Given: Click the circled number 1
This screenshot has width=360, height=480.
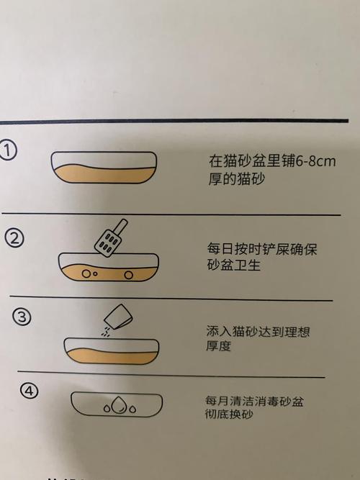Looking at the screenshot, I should click(x=9, y=151).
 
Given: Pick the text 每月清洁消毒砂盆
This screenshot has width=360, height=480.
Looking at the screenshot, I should click(x=254, y=402).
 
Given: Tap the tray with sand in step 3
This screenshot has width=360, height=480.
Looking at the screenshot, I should click(x=110, y=348).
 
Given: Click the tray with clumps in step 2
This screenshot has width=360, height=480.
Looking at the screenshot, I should click(x=108, y=268).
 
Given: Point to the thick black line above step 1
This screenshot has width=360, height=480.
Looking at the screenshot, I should click(x=180, y=121).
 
